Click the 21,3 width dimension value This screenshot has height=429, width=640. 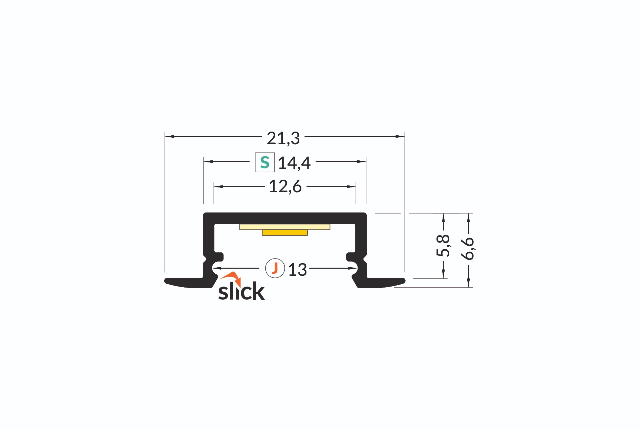pyautogui.click(x=283, y=138)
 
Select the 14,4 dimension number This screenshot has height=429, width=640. pyautogui.click(x=294, y=163)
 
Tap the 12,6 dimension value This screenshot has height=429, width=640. pyautogui.click(x=285, y=186)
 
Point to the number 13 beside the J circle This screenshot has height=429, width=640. pyautogui.click(x=297, y=270)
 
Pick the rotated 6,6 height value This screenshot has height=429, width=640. pyautogui.click(x=468, y=248)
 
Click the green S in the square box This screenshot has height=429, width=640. pyautogui.click(x=265, y=162)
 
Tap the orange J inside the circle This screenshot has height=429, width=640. pyautogui.click(x=275, y=268)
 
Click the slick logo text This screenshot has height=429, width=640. pyautogui.click(x=241, y=291)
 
